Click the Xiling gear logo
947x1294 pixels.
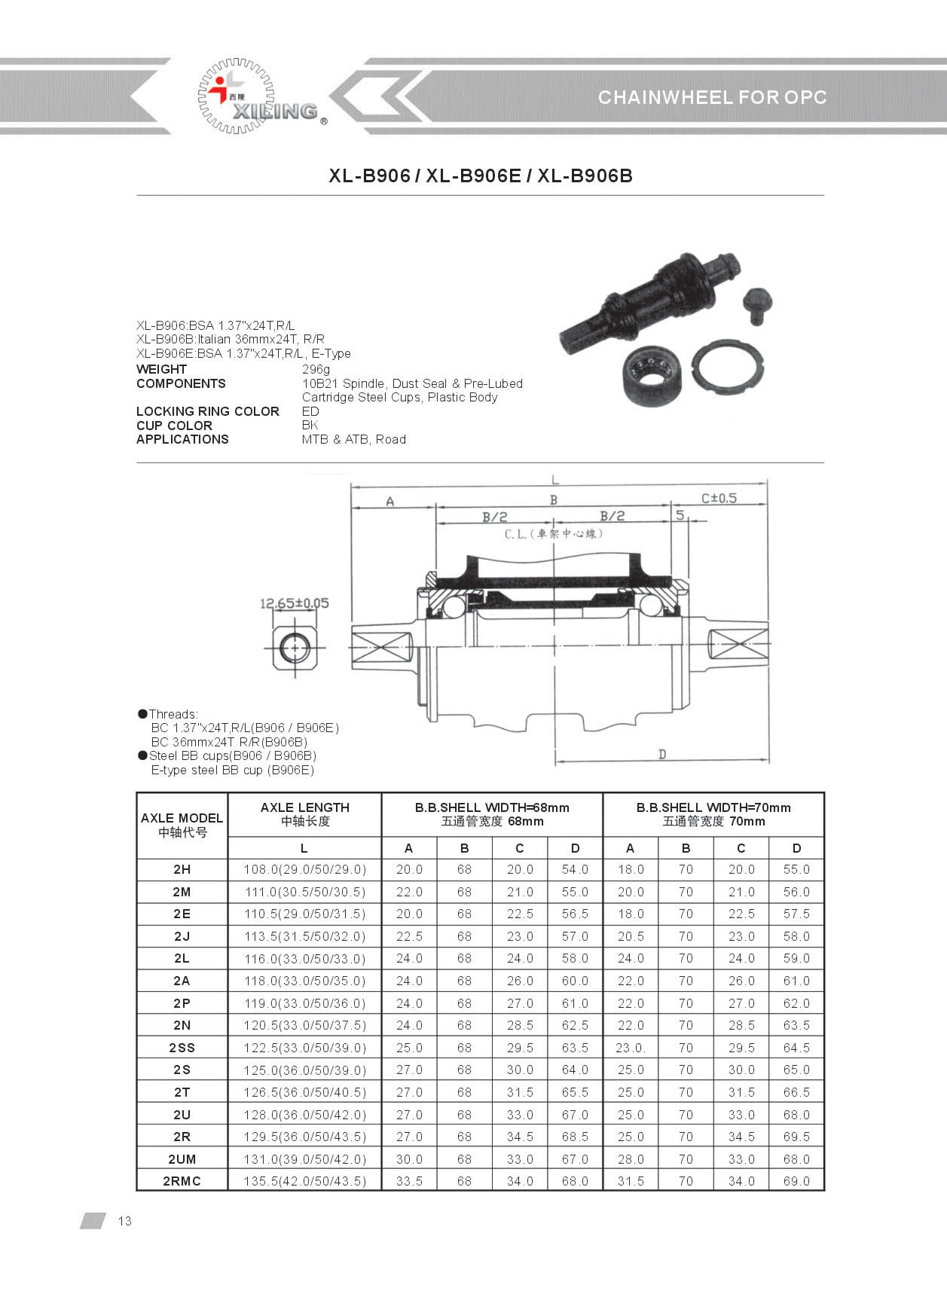tap(237, 96)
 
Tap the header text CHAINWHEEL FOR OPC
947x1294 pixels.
tap(712, 97)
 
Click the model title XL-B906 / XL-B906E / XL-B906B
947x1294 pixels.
tap(481, 175)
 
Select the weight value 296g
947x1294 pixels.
tap(316, 369)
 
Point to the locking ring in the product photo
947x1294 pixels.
tap(728, 371)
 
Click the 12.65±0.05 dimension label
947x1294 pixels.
tap(294, 603)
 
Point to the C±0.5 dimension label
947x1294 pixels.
tap(719, 498)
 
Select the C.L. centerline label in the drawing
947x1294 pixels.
tap(554, 534)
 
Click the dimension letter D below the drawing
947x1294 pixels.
tap(662, 754)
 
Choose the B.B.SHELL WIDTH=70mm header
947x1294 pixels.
tap(713, 813)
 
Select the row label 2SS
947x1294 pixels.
tap(182, 1048)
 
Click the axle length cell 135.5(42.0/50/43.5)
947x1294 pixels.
tap(304, 1181)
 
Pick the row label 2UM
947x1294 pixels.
tap(182, 1159)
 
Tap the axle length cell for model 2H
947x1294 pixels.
tap(304, 869)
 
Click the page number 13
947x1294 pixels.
tap(124, 1221)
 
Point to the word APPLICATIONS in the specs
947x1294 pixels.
tap(182, 439)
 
